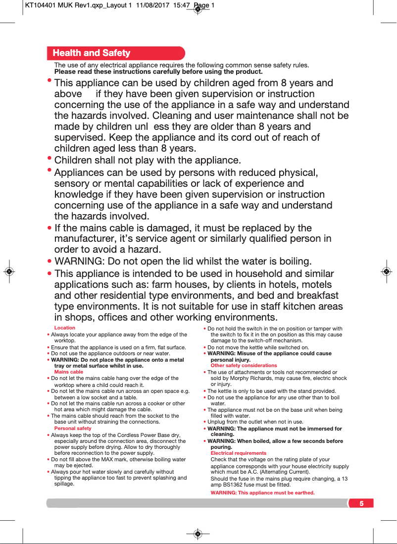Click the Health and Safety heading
pos(92,53)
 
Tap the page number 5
pos(361,504)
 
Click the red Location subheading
pos(65,327)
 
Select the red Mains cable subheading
pos(69,372)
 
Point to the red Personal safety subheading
pos(73,428)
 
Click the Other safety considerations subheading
pos(244,365)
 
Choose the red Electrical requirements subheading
pos(239,453)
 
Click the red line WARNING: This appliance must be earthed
pos(263,493)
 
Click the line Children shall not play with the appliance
pos(148,161)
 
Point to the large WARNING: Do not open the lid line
pos(183,261)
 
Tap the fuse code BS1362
pos(235,485)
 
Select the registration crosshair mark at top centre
pos(198,9)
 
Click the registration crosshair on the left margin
pos(9,272)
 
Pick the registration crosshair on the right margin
pos(386,272)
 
